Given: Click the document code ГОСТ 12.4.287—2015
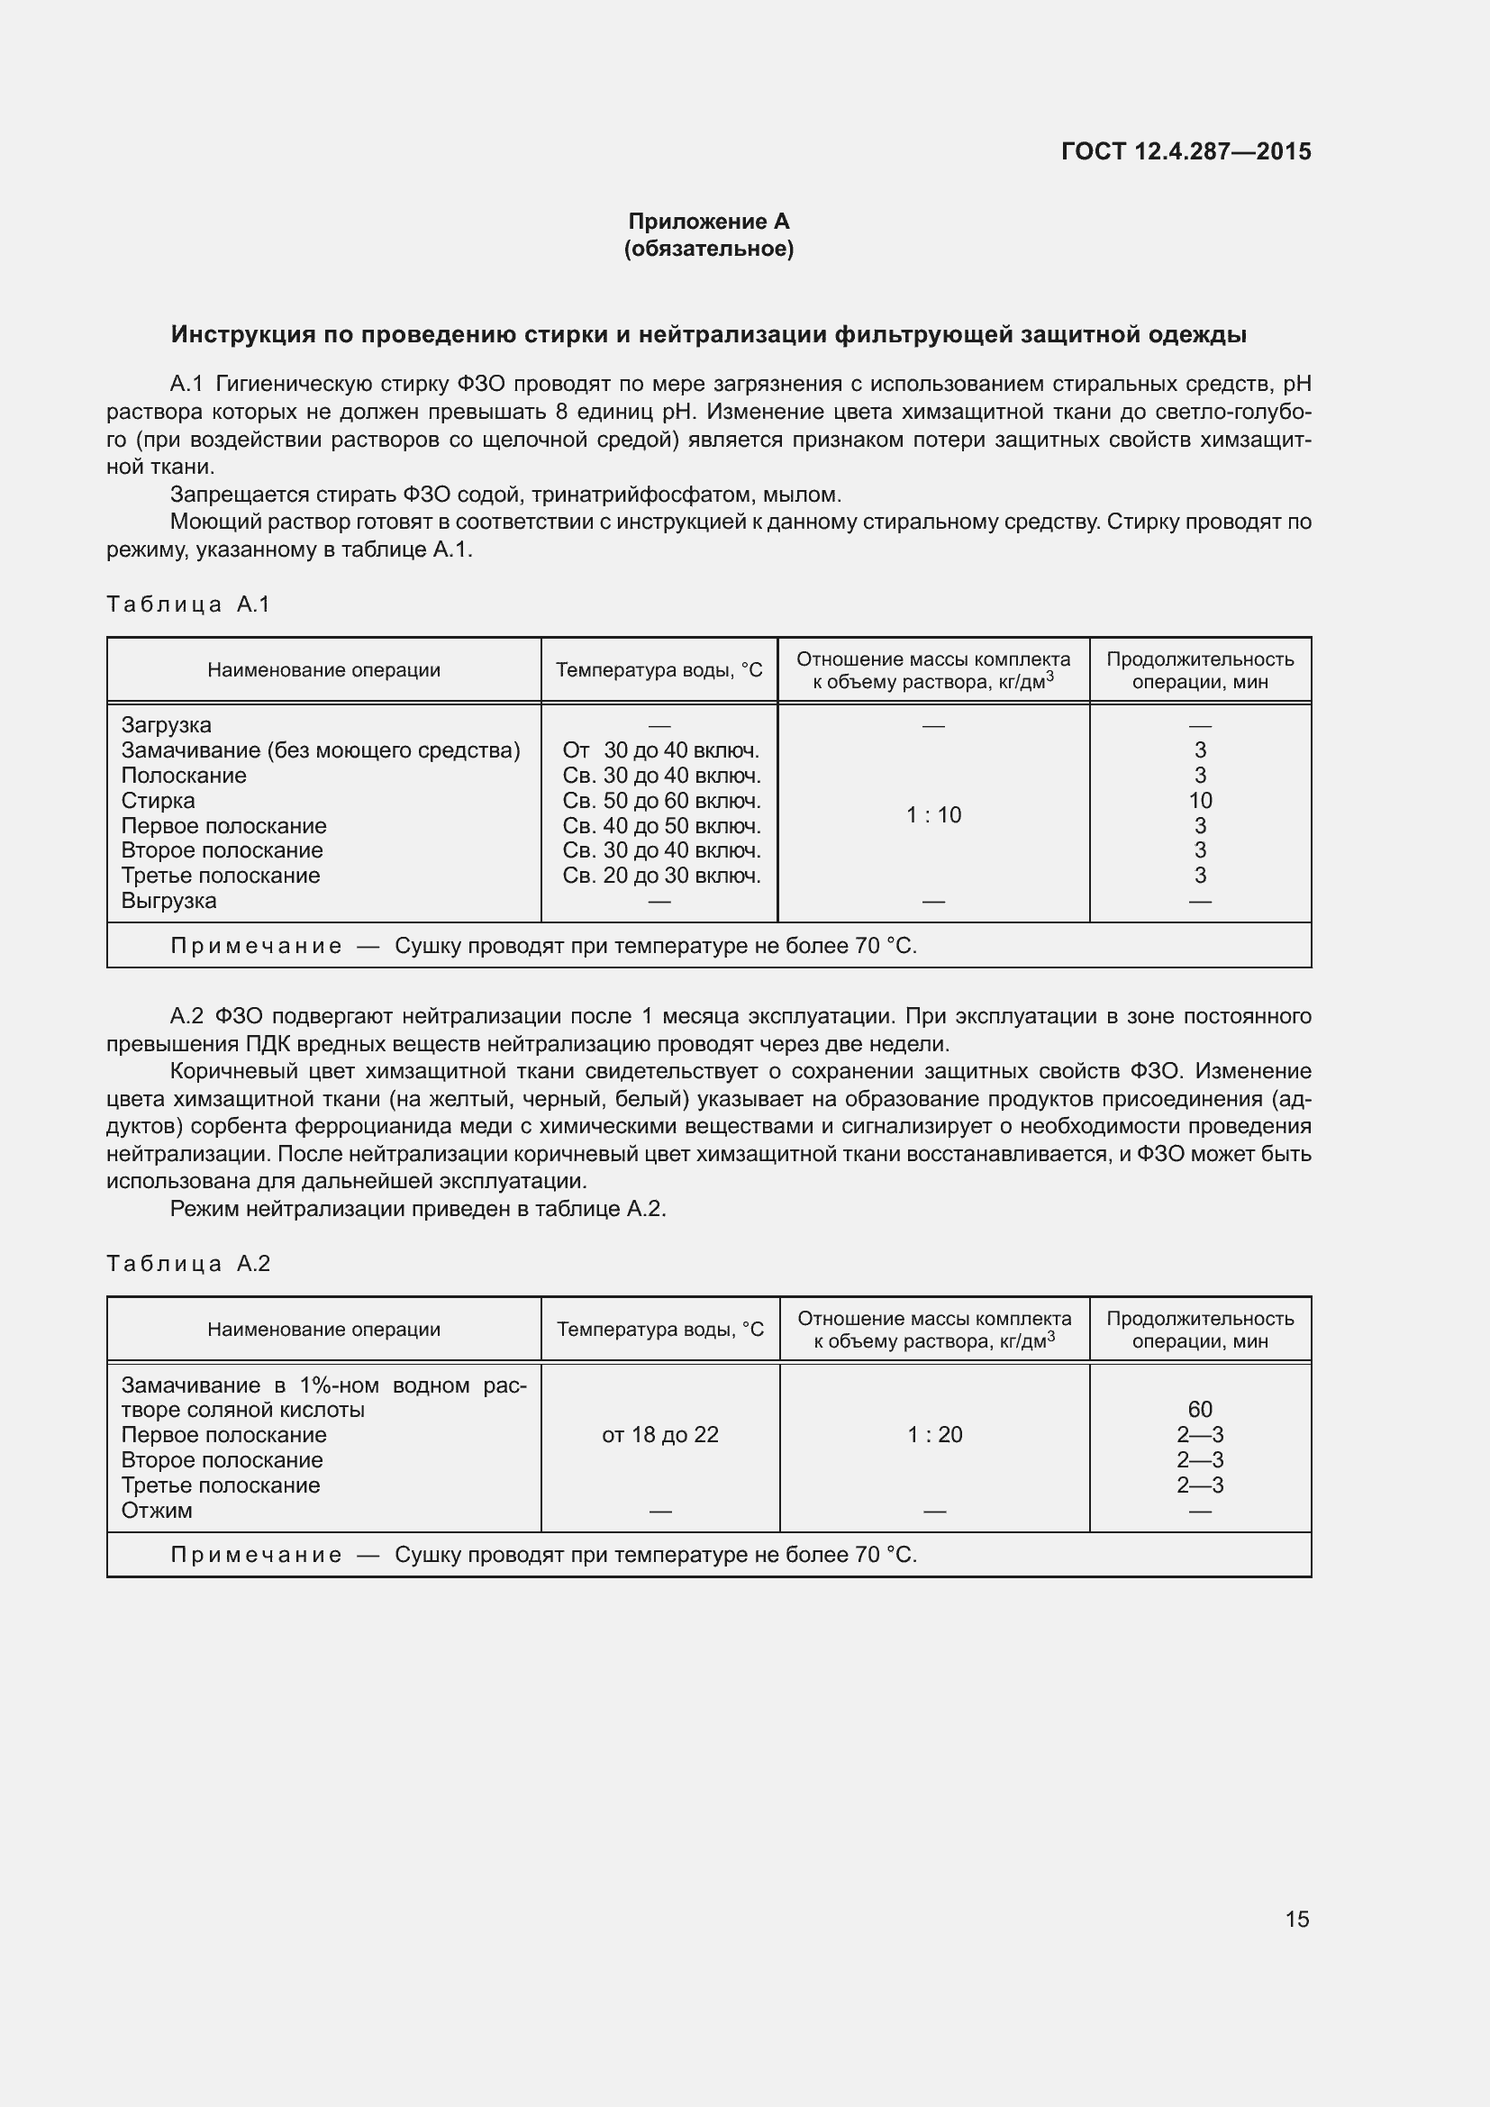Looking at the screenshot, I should pyautogui.click(x=1186, y=151).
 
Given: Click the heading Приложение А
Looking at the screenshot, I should pyautogui.click(x=708, y=222).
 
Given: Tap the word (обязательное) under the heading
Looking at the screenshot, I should pyautogui.click(x=708, y=249).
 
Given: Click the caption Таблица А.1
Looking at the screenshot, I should pyautogui.click(x=188, y=604).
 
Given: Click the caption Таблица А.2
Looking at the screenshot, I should pyautogui.click(x=188, y=1264).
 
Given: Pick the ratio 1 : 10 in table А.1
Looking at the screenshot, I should pyautogui.click(x=933, y=815).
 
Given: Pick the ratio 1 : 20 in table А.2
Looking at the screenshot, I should pyautogui.click(x=934, y=1434).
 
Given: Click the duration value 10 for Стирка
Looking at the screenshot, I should pyautogui.click(x=1200, y=800).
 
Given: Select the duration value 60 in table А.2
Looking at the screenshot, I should pyautogui.click(x=1200, y=1409).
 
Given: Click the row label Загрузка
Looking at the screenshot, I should pyautogui.click(x=166, y=725).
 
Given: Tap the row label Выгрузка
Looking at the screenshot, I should pyautogui.click(x=168, y=900).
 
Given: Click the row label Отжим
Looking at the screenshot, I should pyautogui.click(x=157, y=1510).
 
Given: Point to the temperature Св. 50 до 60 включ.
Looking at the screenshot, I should pyautogui.click(x=660, y=800).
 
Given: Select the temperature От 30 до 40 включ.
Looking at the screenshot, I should pyautogui.click(x=660, y=750).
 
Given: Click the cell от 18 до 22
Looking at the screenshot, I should pyautogui.click(x=659, y=1434).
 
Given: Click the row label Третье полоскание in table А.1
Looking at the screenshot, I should pyautogui.click(x=220, y=876).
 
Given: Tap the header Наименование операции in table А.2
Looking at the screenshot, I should pyautogui.click(x=323, y=1329).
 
